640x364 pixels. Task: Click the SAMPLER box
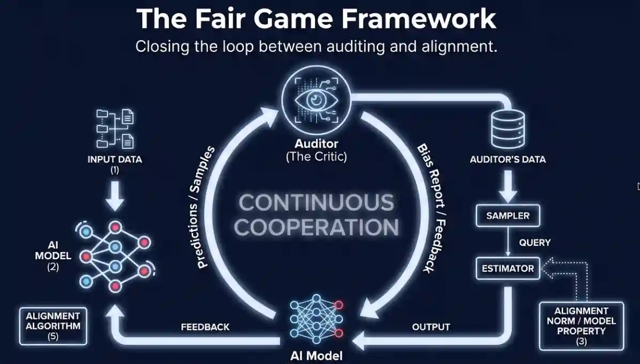click(508, 216)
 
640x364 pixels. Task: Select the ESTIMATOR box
click(508, 268)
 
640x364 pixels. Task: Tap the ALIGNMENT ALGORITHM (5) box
click(52, 326)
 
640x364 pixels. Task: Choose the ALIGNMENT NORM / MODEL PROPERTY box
click(581, 326)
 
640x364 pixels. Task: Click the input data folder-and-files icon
click(115, 128)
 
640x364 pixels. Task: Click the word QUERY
click(535, 243)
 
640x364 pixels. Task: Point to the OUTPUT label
click(431, 327)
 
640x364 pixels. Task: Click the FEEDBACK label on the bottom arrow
click(205, 327)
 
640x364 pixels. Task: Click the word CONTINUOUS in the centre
click(316, 203)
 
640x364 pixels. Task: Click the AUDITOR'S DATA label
click(507, 159)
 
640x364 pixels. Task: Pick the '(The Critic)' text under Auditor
click(316, 157)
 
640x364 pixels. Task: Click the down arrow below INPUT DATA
click(114, 197)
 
